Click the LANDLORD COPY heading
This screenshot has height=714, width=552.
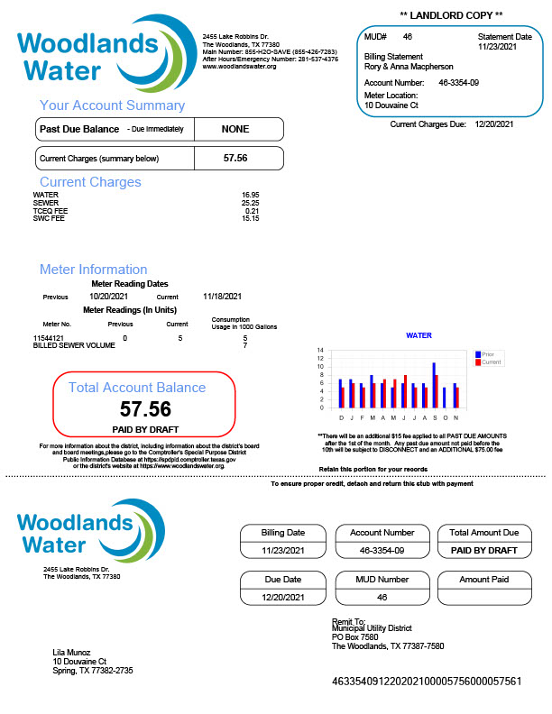click(450, 15)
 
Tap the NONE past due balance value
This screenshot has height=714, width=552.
click(235, 129)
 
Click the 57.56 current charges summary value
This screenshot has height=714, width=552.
click(235, 158)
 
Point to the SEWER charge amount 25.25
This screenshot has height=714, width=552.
click(250, 203)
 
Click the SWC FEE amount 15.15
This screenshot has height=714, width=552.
click(250, 218)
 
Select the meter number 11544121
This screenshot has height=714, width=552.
click(50, 338)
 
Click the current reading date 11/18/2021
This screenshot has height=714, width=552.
click(223, 297)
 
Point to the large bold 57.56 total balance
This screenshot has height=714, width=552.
click(145, 408)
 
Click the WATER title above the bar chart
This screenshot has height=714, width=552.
click(419, 335)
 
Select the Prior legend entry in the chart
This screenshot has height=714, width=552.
click(487, 354)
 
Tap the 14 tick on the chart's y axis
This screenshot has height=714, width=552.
click(321, 350)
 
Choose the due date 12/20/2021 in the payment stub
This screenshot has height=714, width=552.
click(281, 597)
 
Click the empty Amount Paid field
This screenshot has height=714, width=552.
click(483, 596)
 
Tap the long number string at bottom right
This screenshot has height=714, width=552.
click(427, 682)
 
